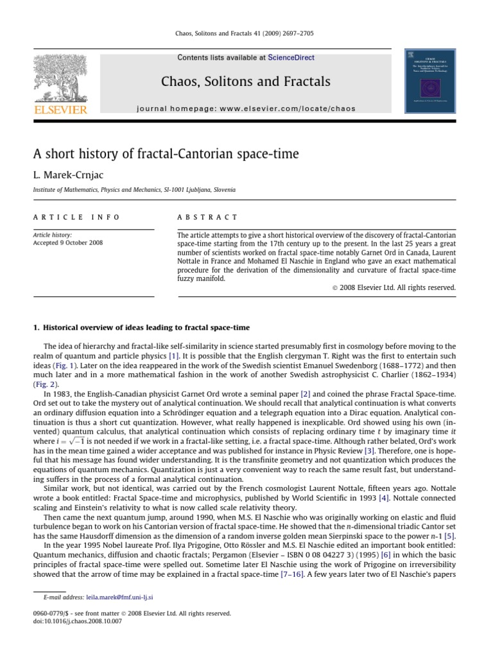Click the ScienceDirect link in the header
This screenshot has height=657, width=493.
291,58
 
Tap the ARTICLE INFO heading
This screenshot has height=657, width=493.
76,218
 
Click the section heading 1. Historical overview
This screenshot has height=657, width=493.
141,328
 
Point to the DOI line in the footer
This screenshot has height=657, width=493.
75,621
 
